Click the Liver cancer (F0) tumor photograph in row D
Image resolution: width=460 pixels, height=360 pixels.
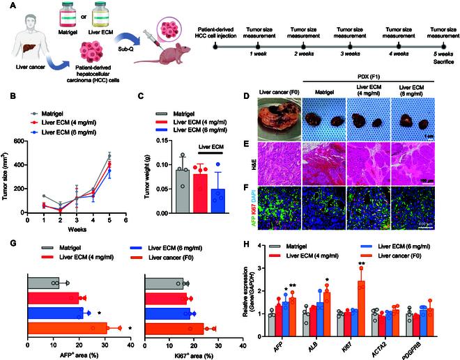click(x=278, y=116)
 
